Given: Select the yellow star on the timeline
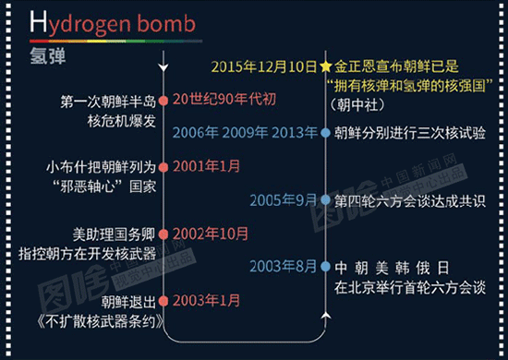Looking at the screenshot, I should pyautogui.click(x=325, y=66).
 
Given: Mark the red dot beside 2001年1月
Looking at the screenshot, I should pyautogui.click(x=164, y=167).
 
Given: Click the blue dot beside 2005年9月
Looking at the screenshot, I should pyautogui.click(x=325, y=199).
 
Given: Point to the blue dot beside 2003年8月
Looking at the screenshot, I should pyautogui.click(x=325, y=267).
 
